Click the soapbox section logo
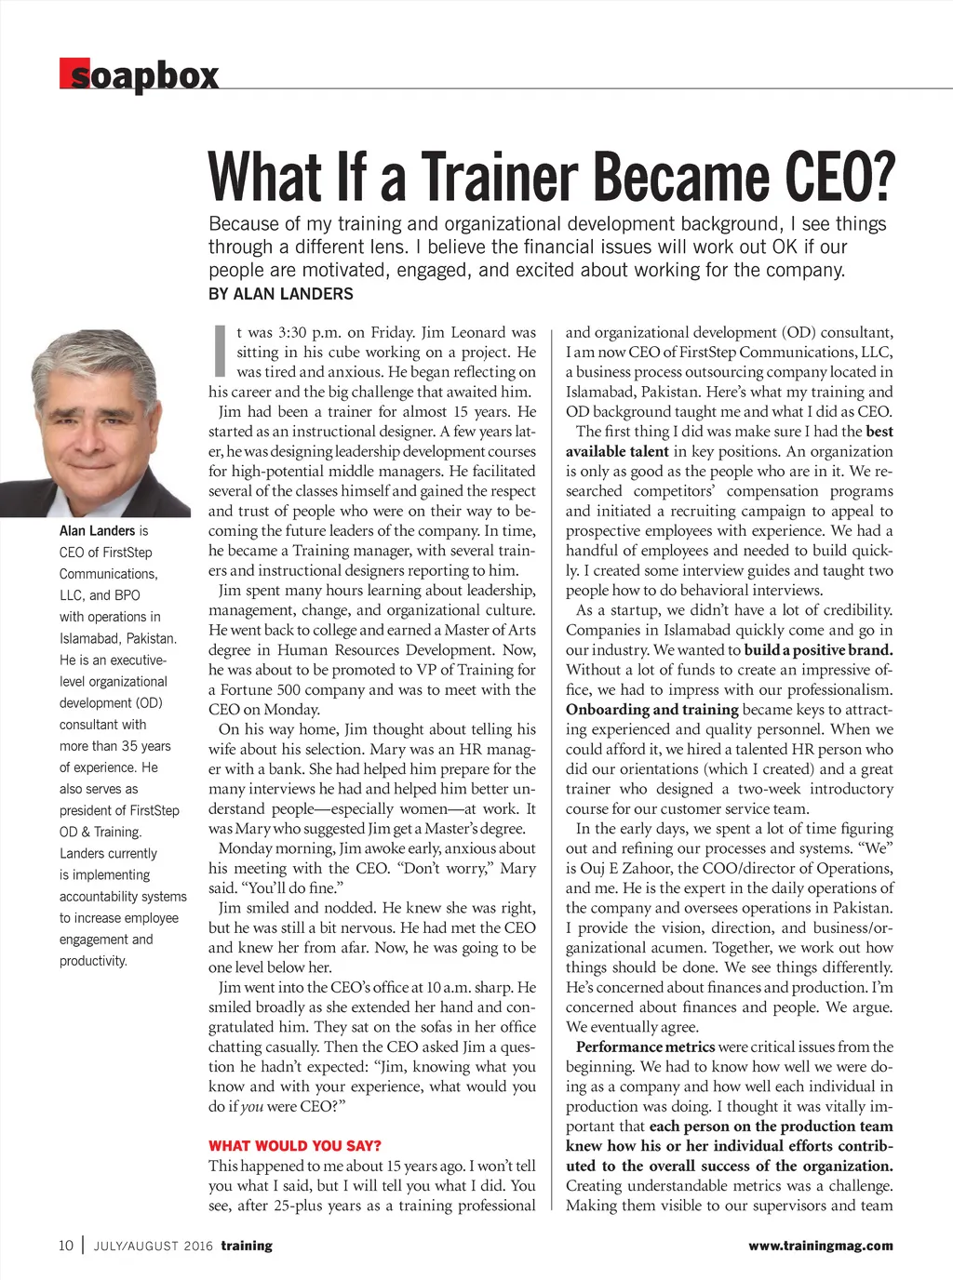140,75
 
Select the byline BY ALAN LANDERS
281,294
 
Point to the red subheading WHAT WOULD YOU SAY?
295,1146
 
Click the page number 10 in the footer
65,1246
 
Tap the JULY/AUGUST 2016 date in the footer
154,1247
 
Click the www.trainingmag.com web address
820,1246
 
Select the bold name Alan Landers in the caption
97,531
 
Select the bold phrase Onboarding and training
651,710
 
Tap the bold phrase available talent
617,451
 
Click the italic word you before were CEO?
251,1107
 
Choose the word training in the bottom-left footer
247,1246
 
